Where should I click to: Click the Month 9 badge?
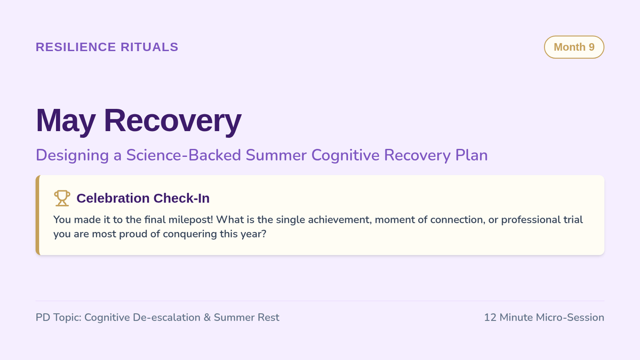pos(574,47)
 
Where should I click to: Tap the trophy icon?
pos(62,198)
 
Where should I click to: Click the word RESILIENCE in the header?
pos(76,47)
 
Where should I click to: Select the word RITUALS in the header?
pos(149,47)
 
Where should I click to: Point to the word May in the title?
pos(66,121)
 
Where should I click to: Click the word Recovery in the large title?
pos(173,121)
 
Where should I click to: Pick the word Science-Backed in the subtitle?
pos(183,155)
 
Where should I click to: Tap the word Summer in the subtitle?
pos(276,155)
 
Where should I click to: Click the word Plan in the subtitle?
pos(471,155)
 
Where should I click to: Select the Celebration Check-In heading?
pos(143,198)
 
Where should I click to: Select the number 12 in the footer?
pos(490,317)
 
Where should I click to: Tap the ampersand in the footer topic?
pos(207,317)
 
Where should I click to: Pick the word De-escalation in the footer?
pos(166,317)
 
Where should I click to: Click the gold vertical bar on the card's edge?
pos(37,215)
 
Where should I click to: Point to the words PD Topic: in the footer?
pos(59,317)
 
